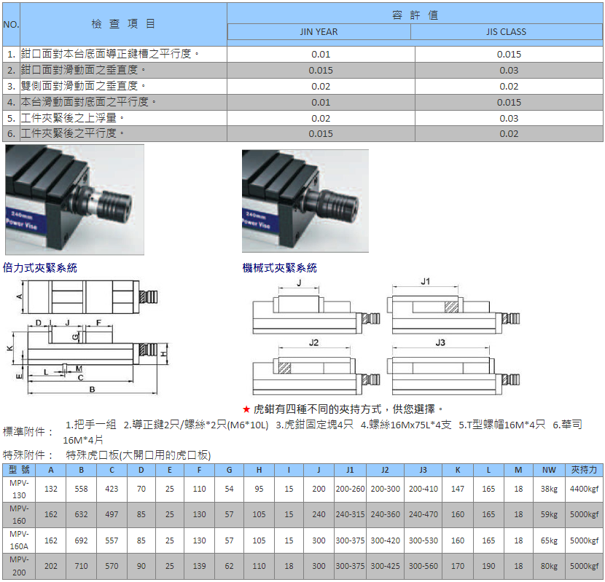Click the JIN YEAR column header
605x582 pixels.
pyautogui.click(x=319, y=32)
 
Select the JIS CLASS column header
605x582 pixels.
pyautogui.click(x=506, y=32)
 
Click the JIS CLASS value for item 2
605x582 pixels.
pyautogui.click(x=509, y=71)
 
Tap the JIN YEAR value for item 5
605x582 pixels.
pyautogui.click(x=321, y=119)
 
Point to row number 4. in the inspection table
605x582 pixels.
pyautogui.click(x=11, y=102)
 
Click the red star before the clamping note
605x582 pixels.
pyautogui.click(x=246, y=409)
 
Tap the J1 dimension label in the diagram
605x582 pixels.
pyautogui.click(x=425, y=282)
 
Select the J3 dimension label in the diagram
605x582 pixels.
pyautogui.click(x=440, y=342)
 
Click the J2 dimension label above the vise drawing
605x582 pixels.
pyautogui.click(x=313, y=342)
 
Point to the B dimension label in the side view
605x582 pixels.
pyautogui.click(x=92, y=390)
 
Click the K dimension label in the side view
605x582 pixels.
pyautogui.click(x=10, y=348)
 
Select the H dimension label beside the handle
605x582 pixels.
pyautogui.click(x=164, y=354)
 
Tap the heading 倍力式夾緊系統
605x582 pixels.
pyautogui.click(x=40, y=267)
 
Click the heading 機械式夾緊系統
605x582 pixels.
pyautogui.click(x=279, y=267)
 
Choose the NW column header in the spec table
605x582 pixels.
pyautogui.click(x=549, y=470)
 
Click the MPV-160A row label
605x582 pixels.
pyautogui.click(x=19, y=540)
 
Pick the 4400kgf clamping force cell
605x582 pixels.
pyautogui.click(x=584, y=489)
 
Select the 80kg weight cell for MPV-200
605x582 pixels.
pyautogui.click(x=549, y=566)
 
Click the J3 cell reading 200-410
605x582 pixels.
pyautogui.click(x=423, y=489)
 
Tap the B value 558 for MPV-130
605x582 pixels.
pyautogui.click(x=81, y=489)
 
